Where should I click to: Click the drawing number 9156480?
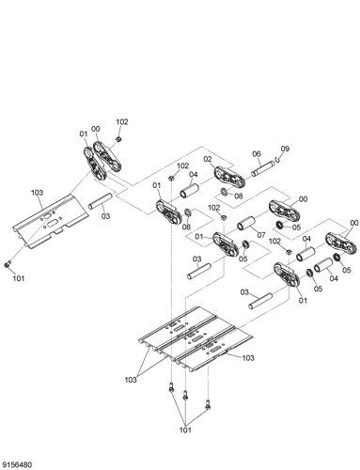point(20,462)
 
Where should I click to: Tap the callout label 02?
point(209,159)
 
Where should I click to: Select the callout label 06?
point(257,155)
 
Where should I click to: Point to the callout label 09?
point(286,149)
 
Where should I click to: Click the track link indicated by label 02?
point(228,176)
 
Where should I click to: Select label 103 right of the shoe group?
point(248,358)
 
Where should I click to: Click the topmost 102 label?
point(122,122)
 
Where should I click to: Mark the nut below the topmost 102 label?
point(117,138)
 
